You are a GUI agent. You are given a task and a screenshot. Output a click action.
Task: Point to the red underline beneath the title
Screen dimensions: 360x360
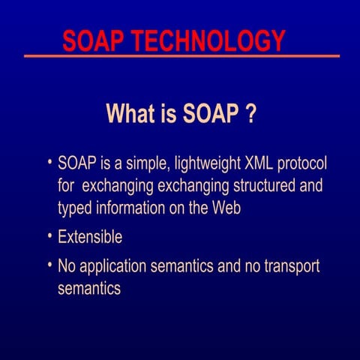pos(180,56)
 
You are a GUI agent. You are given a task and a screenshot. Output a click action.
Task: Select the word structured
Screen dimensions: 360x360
pos(258,186)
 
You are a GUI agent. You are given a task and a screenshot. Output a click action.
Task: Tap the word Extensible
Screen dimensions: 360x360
pos(90,238)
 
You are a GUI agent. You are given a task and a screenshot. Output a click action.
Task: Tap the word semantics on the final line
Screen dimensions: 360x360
pos(88,289)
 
